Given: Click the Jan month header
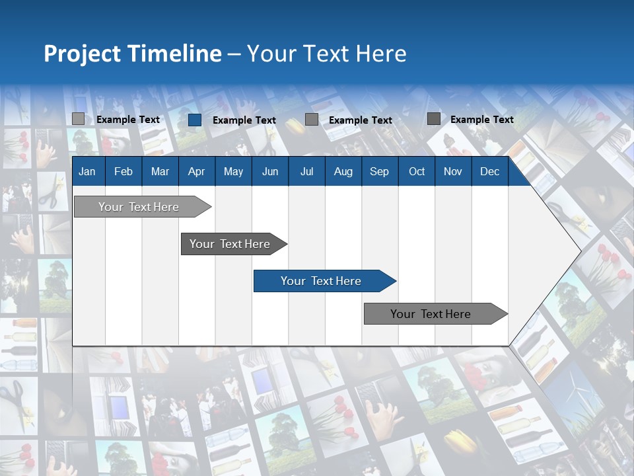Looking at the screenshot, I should click(x=87, y=171).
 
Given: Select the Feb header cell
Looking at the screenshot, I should click(x=123, y=171).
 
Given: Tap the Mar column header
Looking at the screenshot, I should click(x=160, y=171).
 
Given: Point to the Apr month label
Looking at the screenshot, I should click(x=197, y=171).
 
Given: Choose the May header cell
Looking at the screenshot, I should click(x=233, y=171).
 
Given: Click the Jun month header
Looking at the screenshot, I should click(x=270, y=171).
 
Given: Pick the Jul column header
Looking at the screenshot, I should click(x=306, y=171).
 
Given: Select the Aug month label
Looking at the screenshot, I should click(x=343, y=171).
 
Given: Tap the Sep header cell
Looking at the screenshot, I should click(x=380, y=171).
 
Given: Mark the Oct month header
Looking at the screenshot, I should click(x=417, y=171).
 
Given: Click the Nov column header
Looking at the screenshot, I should click(x=453, y=171).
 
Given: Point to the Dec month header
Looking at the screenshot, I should click(x=490, y=171).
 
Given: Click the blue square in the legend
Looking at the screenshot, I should click(x=195, y=120).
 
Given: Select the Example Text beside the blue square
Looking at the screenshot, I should click(x=244, y=120).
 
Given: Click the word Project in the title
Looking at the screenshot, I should click(x=83, y=54).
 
